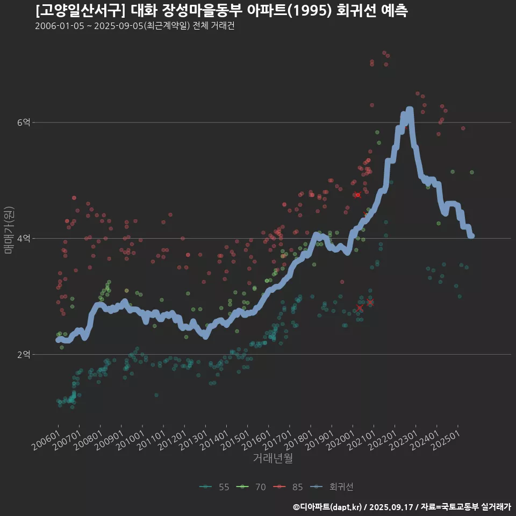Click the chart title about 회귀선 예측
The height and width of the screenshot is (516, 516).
tap(221, 11)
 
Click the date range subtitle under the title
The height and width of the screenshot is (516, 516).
tap(134, 26)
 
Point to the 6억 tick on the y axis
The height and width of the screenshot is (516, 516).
tap(24, 123)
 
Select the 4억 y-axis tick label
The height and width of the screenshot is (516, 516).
tap(24, 239)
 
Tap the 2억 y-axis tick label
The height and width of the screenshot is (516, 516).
tap(24, 355)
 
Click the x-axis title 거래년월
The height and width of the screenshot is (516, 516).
tap(273, 458)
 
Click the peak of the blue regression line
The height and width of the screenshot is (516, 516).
tap(410, 110)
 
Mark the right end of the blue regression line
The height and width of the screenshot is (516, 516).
tap(471, 235)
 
